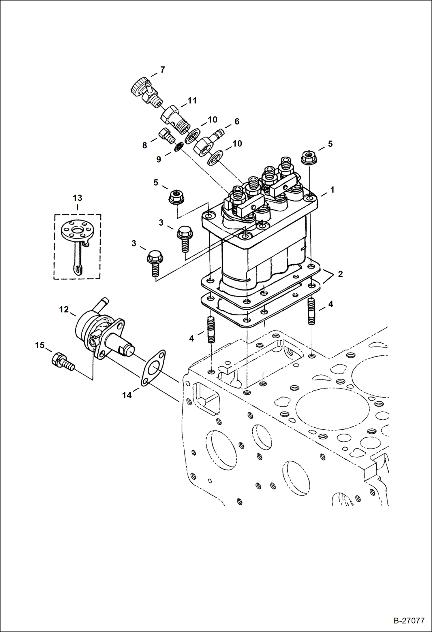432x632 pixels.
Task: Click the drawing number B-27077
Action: pos(409,620)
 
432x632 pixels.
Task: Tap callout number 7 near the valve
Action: pos(162,70)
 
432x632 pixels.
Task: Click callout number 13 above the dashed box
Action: pos(77,198)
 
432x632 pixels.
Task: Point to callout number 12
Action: pos(64,310)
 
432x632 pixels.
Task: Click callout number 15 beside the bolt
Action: pos(40,345)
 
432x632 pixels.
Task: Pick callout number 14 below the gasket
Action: pos(127,395)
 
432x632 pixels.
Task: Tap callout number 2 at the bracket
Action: pos(340,274)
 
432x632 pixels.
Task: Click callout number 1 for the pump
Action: pos(332,190)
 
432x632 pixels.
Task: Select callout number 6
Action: pos(237,122)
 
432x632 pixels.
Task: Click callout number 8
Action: pos(144,146)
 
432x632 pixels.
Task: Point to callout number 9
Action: pos(159,159)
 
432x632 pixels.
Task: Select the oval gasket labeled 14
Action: pos(153,369)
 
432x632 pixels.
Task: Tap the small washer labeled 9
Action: pos(179,147)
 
